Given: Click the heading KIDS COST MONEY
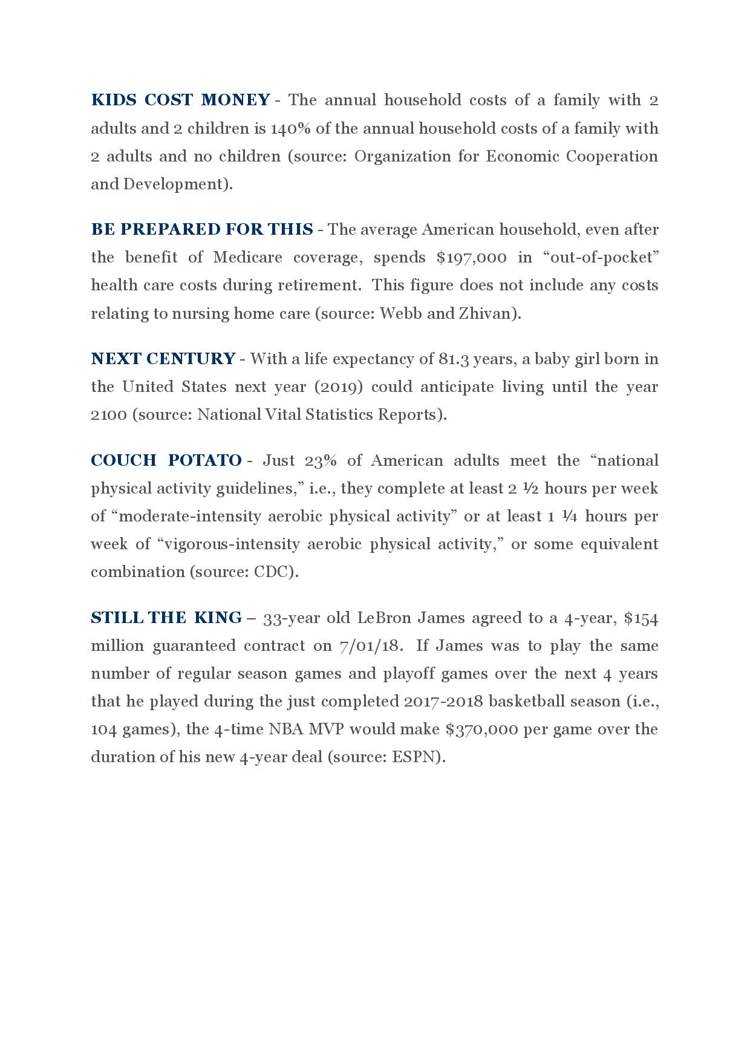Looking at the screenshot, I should pyautogui.click(x=180, y=100).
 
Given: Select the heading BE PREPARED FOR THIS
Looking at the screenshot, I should pyautogui.click(x=202, y=229).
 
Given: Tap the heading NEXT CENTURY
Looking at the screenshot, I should pyautogui.click(x=163, y=359).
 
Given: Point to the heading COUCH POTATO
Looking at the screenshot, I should pyautogui.click(x=166, y=460).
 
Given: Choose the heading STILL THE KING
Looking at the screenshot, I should pyautogui.click(x=166, y=618).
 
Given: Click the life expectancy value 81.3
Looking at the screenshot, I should pyautogui.click(x=453, y=359).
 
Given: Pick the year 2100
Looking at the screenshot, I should pyautogui.click(x=109, y=414).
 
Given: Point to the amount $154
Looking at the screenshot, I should pyautogui.click(x=641, y=618).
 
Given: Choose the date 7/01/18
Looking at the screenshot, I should pyautogui.click(x=370, y=645).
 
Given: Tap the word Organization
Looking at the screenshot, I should pyautogui.click(x=400, y=156).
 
